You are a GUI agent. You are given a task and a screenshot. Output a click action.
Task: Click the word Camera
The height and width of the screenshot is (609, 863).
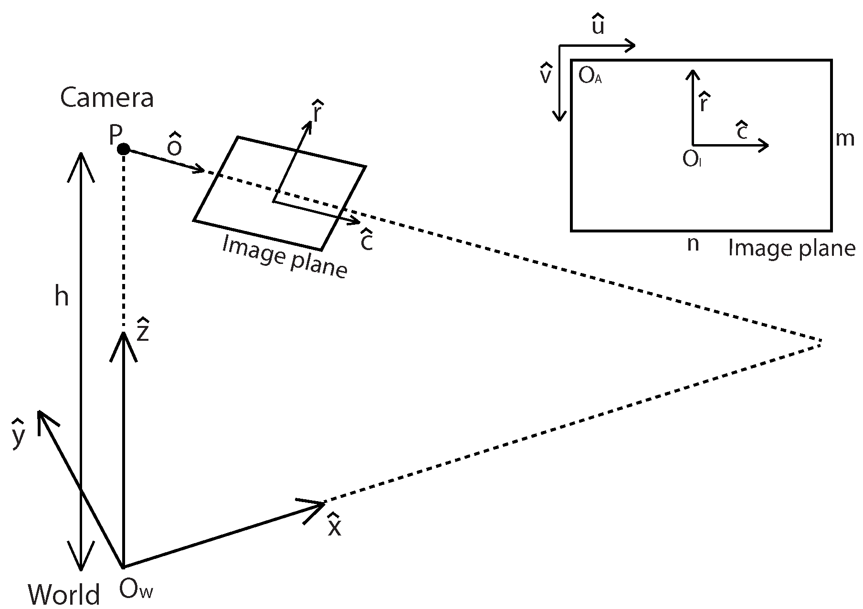(107, 98)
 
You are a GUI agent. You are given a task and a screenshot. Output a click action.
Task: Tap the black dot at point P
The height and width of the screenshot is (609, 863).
(124, 149)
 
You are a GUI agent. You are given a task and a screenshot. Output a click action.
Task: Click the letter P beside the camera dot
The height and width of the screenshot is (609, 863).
(115, 136)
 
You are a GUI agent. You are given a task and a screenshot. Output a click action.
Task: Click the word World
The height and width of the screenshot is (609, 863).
(64, 595)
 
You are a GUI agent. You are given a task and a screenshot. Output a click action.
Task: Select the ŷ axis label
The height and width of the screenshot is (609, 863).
(18, 433)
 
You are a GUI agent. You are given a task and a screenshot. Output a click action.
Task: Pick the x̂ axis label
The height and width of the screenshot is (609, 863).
(334, 525)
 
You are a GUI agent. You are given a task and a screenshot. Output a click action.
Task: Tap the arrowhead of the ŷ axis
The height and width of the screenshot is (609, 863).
(40, 413)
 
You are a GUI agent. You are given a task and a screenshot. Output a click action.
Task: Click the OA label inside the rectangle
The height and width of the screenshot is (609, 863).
(589, 76)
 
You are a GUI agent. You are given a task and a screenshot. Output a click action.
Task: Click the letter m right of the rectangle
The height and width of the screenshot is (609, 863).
(845, 139)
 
